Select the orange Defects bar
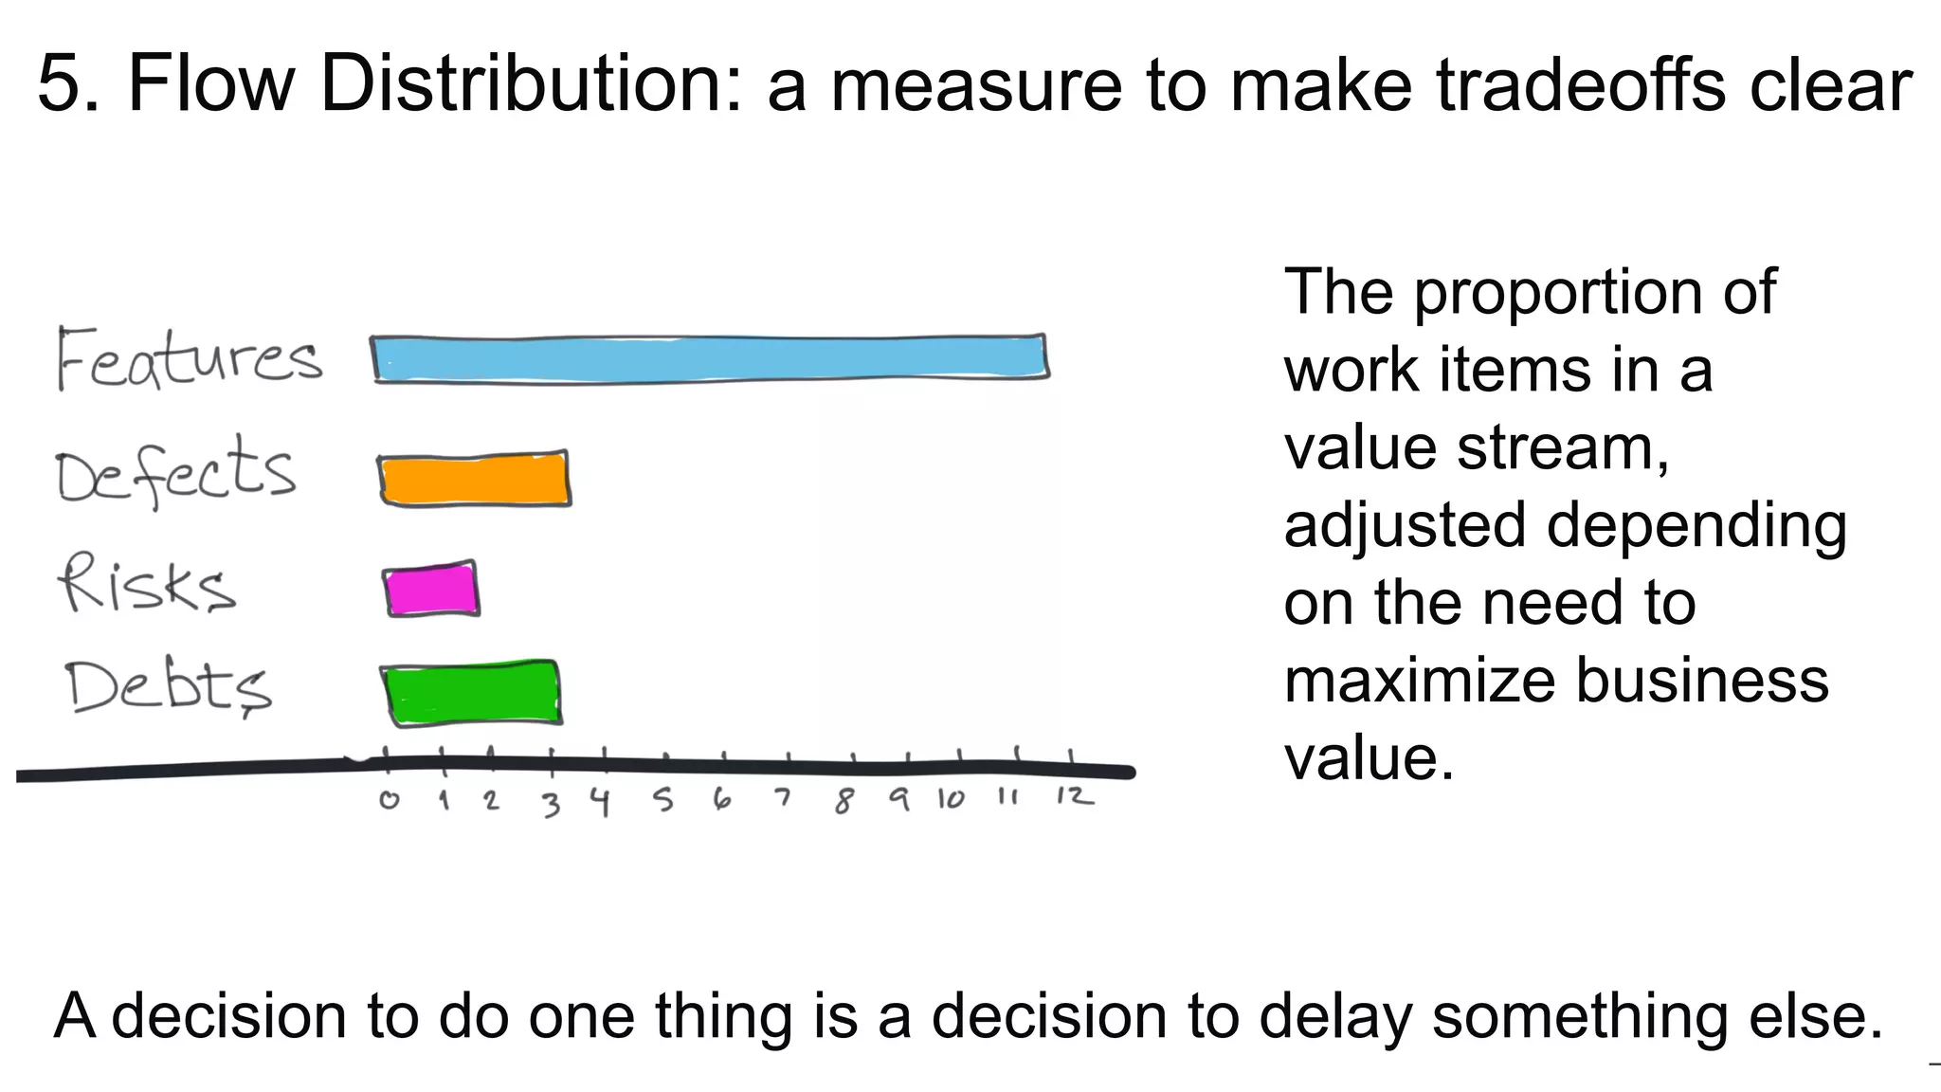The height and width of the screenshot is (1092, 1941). (x=474, y=480)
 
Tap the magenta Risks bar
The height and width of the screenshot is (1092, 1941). (x=431, y=590)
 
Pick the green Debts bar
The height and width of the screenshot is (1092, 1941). (x=472, y=694)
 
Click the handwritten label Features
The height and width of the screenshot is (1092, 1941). (x=188, y=360)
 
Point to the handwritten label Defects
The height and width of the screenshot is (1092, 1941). (x=176, y=472)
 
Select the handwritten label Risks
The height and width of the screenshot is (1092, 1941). (x=147, y=584)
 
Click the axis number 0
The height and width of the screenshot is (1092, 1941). (x=389, y=800)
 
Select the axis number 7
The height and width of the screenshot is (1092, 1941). (x=782, y=798)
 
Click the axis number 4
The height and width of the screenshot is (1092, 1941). (x=600, y=802)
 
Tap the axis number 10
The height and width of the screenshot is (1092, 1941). (x=951, y=799)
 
